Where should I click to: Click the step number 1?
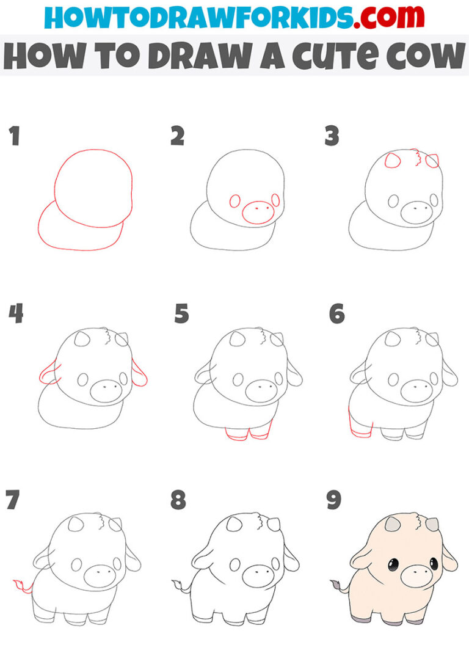click(13, 136)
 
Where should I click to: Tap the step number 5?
click(181, 315)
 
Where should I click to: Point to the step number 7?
click(13, 500)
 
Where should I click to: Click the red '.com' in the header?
click(381, 18)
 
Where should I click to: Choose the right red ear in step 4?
click(140, 374)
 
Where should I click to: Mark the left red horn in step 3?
click(391, 162)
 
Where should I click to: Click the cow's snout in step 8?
click(259, 575)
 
